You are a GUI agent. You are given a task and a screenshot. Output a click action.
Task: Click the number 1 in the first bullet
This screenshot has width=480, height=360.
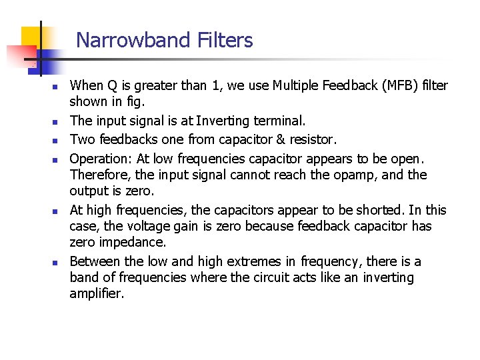tap(215, 85)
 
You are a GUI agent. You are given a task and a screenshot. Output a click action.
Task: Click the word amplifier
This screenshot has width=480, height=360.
tap(97, 293)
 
